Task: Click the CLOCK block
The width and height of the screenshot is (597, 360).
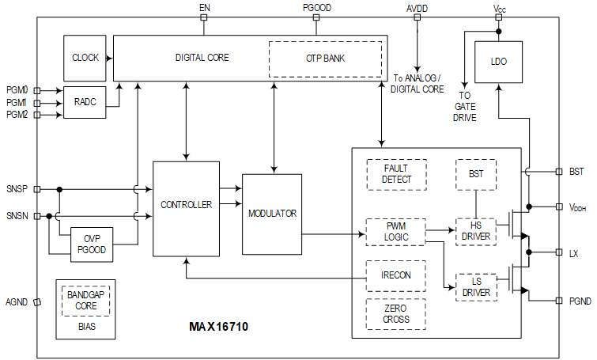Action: (x=85, y=58)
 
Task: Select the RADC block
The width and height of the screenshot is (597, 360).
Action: (x=85, y=102)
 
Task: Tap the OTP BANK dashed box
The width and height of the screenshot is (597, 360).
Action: (x=324, y=59)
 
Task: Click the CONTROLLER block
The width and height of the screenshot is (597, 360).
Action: (x=185, y=204)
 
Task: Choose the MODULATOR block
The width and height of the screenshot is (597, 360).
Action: (x=272, y=214)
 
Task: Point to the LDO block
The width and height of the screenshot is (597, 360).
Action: (x=498, y=63)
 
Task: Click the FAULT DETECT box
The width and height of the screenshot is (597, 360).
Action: (x=395, y=174)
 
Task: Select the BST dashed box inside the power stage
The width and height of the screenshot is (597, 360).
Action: (x=475, y=174)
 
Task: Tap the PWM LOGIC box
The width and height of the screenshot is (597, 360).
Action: (x=395, y=232)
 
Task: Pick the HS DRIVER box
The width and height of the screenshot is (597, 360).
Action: (x=475, y=232)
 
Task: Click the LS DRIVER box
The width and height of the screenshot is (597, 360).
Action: (x=475, y=287)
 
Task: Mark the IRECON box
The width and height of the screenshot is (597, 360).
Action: (x=395, y=275)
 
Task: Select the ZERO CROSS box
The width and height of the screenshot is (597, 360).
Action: (x=395, y=314)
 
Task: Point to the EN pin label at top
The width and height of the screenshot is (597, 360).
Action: (x=204, y=7)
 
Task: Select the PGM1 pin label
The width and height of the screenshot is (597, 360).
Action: (x=16, y=103)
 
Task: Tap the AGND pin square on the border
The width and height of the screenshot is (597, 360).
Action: (x=37, y=301)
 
